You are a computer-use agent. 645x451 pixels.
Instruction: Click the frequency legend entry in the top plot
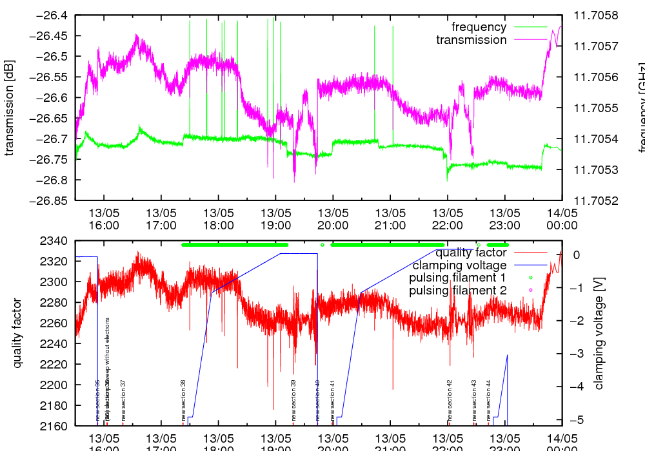tap(479, 27)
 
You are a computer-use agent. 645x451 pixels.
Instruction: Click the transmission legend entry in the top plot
tap(471, 40)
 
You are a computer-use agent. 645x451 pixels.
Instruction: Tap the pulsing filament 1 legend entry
tap(457, 278)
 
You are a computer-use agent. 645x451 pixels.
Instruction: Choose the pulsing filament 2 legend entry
tap(457, 291)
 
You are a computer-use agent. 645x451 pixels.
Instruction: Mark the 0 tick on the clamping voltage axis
tap(576, 254)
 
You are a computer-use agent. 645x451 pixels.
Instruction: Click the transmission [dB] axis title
tap(10, 108)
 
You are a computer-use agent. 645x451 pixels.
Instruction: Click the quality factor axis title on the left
tap(17, 334)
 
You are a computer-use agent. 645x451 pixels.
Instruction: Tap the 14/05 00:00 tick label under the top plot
tap(562, 218)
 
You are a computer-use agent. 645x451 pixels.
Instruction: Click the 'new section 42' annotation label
tap(450, 400)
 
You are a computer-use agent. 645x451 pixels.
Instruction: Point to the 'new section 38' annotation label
tap(184, 400)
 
